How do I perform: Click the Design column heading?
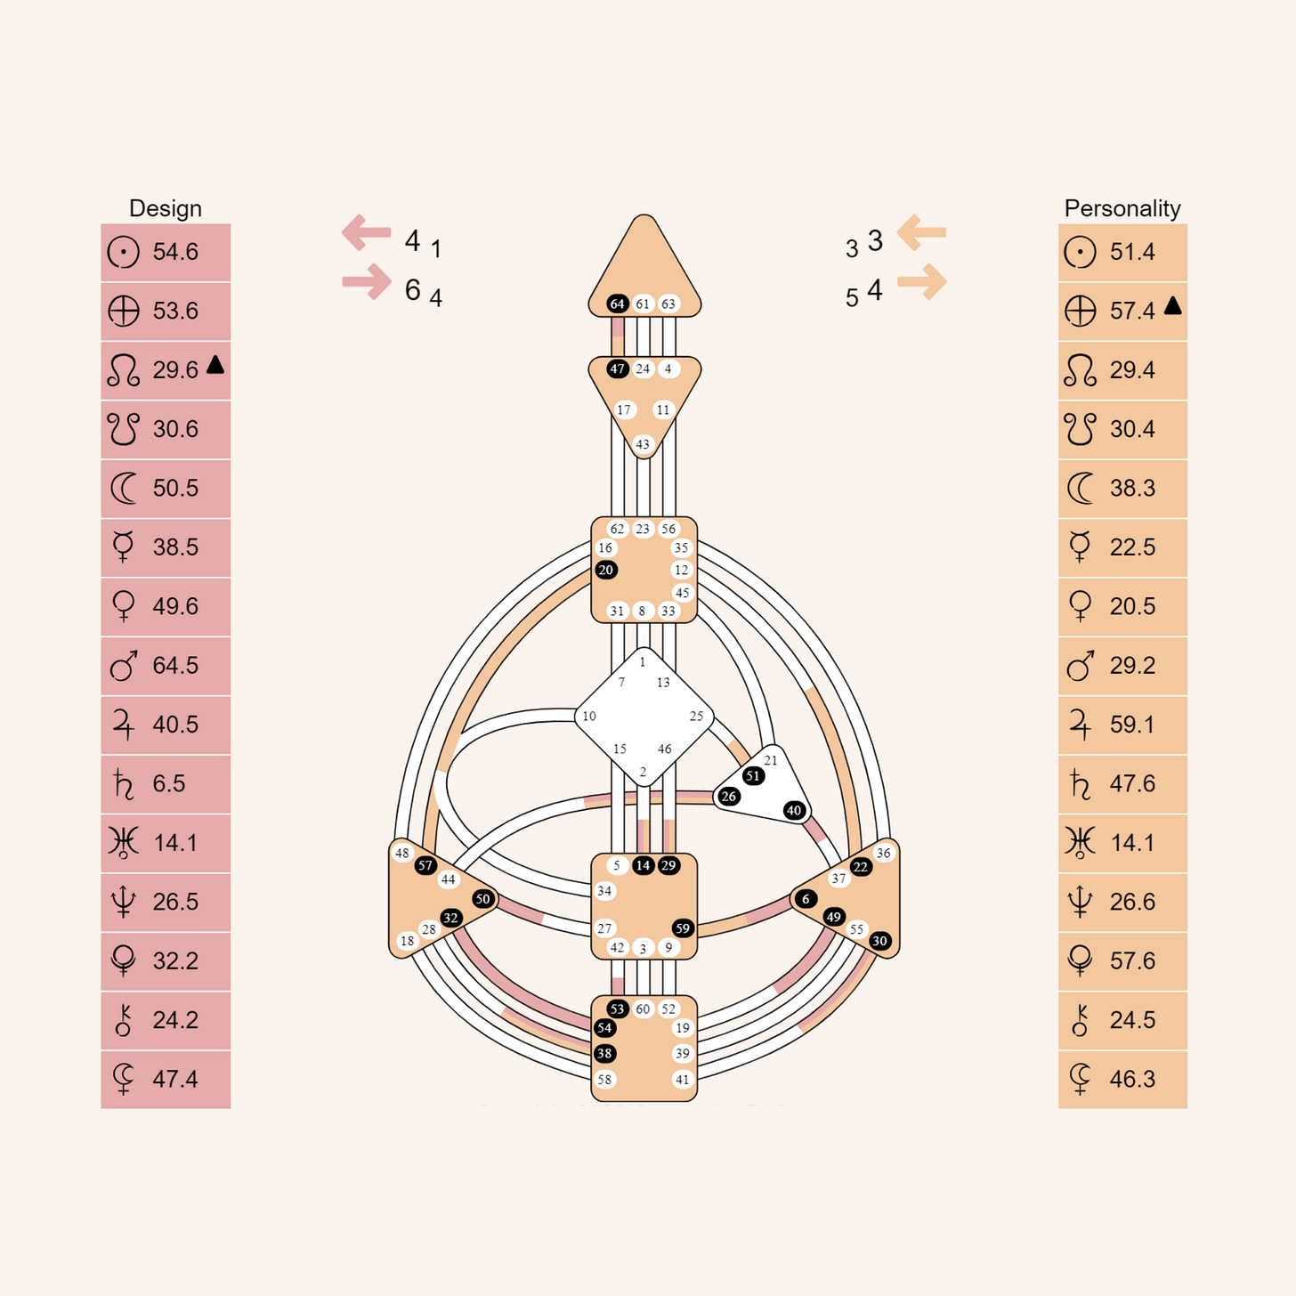click(x=166, y=208)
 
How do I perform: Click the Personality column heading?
click(x=1122, y=208)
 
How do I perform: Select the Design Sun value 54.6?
click(x=175, y=252)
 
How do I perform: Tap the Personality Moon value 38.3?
click(x=1132, y=489)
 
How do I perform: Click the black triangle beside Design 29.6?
click(x=215, y=365)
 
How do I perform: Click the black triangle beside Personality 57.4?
click(x=1173, y=306)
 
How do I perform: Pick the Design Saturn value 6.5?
click(x=169, y=784)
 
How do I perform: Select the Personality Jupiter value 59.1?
click(x=1132, y=725)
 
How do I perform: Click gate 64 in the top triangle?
click(x=618, y=304)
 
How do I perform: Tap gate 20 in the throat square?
click(x=606, y=571)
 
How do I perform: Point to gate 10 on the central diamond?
click(x=589, y=716)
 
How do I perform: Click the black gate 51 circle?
click(x=753, y=776)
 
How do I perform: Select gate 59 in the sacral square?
click(x=683, y=928)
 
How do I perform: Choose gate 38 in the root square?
click(x=605, y=1054)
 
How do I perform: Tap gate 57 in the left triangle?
click(x=425, y=866)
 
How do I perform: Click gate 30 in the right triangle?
click(x=879, y=942)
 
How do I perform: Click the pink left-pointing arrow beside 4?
click(x=367, y=232)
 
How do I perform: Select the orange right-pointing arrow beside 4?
click(x=921, y=282)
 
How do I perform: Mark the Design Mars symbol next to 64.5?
click(x=124, y=666)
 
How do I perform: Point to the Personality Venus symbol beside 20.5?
click(x=1080, y=607)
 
